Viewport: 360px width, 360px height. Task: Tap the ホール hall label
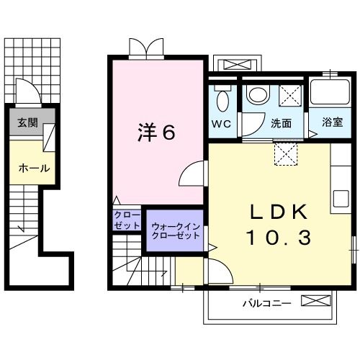tap(34, 168)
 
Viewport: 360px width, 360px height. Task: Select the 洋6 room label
tap(157, 132)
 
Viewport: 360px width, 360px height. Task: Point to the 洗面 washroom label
tap(281, 123)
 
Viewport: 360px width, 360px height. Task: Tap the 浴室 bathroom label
tap(332, 123)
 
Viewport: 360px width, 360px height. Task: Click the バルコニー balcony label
tap(266, 303)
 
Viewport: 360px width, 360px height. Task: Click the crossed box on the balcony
tap(316, 302)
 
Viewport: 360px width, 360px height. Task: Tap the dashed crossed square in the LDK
tap(285, 153)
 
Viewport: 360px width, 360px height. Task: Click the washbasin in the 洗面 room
tap(257, 94)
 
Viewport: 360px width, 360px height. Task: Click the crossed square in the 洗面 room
tap(292, 95)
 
